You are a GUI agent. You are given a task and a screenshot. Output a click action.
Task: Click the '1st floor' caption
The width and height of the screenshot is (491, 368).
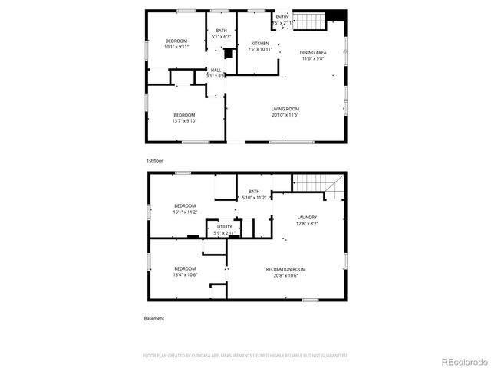coord(154,160)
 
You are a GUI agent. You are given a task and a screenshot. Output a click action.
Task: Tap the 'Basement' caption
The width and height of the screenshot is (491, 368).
coord(153,318)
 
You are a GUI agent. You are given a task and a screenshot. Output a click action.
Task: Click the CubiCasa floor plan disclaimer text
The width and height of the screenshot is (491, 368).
coord(245,356)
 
